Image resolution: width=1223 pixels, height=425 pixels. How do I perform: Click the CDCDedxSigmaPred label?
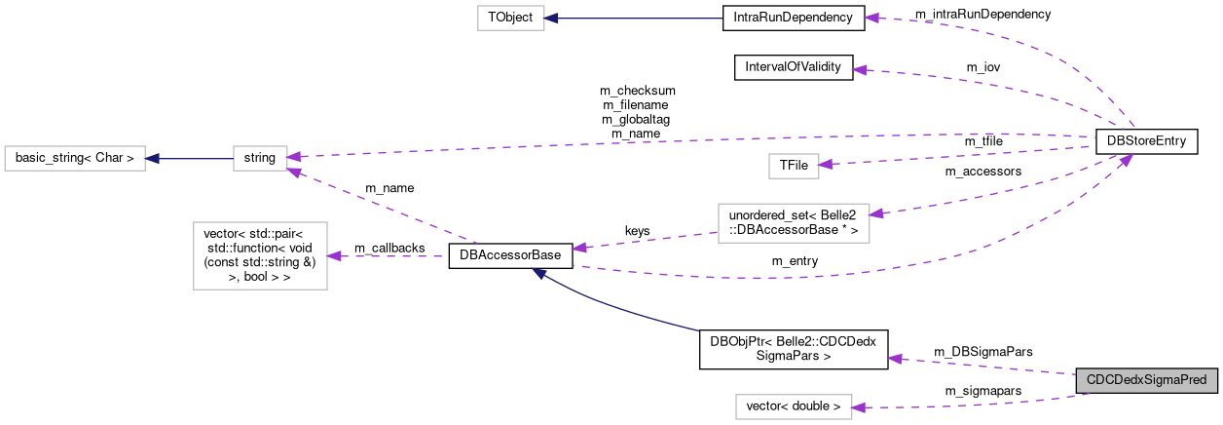pyautogui.click(x=1147, y=380)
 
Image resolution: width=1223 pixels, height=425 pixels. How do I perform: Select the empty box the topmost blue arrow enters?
pyautogui.click(x=510, y=18)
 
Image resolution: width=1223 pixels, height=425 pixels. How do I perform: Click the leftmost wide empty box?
pyautogui.click(x=75, y=158)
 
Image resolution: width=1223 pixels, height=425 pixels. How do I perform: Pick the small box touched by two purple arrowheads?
pyautogui.click(x=260, y=158)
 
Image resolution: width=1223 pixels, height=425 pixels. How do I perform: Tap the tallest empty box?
pyautogui.click(x=260, y=255)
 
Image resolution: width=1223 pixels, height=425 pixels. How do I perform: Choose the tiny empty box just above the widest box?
pyautogui.click(x=794, y=166)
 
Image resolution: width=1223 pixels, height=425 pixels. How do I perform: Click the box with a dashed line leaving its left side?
pyautogui.click(x=794, y=223)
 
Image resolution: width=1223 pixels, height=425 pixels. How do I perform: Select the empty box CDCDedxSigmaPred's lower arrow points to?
pyautogui.click(x=794, y=406)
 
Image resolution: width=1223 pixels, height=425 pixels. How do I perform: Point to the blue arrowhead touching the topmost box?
pyautogui.click(x=551, y=18)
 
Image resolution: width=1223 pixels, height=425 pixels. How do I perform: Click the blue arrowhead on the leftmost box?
pyautogui.click(x=152, y=158)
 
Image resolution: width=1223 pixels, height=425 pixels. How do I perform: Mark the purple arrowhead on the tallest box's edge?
pyautogui.click(x=334, y=256)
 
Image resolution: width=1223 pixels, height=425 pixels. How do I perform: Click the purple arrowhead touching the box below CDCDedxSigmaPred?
pyautogui.click(x=859, y=407)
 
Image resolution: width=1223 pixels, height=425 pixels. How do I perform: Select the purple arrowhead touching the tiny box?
pyautogui.click(x=826, y=165)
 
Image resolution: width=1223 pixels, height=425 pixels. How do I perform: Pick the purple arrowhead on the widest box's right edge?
pyautogui.click(x=876, y=212)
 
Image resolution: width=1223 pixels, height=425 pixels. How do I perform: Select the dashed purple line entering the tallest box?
pyautogui.click(x=389, y=256)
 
